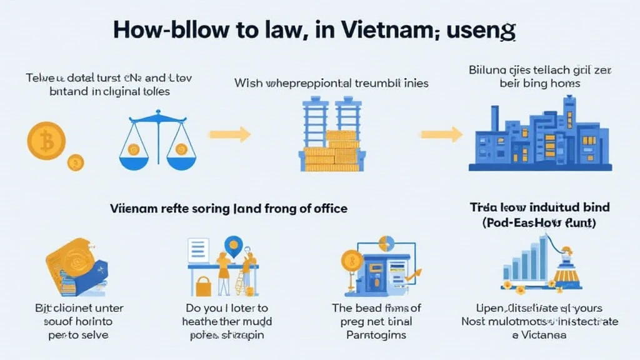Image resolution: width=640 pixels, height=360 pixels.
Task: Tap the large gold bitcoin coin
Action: [x=46, y=141]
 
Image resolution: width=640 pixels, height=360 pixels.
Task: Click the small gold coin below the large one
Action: [x=76, y=162]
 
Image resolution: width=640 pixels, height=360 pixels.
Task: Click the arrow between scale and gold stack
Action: [x=229, y=134]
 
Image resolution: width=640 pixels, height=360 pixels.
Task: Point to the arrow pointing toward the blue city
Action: [x=441, y=134]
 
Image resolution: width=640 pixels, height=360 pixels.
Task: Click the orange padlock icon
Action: [x=204, y=286]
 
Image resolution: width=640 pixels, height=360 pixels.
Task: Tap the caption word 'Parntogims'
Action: [x=376, y=334]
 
